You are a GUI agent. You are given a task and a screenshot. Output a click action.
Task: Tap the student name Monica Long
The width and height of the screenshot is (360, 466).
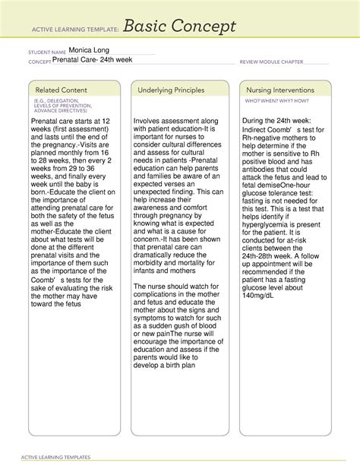(x=90, y=50)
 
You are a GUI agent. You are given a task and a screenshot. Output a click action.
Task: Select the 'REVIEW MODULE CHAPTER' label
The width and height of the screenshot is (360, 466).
(x=271, y=62)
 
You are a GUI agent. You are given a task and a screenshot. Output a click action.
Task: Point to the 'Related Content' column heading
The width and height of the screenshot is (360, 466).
(x=57, y=90)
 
